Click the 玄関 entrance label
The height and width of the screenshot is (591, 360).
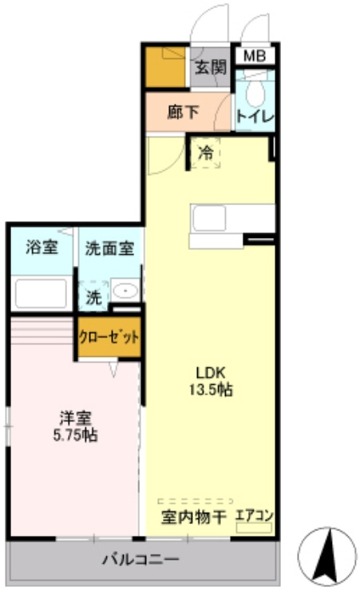pos(210,67)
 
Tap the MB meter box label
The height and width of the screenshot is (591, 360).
pos(255,56)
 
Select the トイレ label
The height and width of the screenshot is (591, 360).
pos(255,116)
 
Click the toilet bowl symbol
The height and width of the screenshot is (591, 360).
pos(255,93)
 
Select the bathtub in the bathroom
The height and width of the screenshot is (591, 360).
pos(41,292)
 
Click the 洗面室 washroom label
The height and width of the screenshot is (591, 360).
pos(109,247)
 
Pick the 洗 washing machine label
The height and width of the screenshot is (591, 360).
pos(94,297)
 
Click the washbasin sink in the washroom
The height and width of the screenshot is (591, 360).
pos(125,292)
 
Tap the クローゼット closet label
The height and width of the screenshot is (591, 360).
pos(109,337)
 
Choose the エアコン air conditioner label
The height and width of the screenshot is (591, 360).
pos(255,516)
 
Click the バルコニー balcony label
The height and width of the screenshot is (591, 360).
pos(140,559)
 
